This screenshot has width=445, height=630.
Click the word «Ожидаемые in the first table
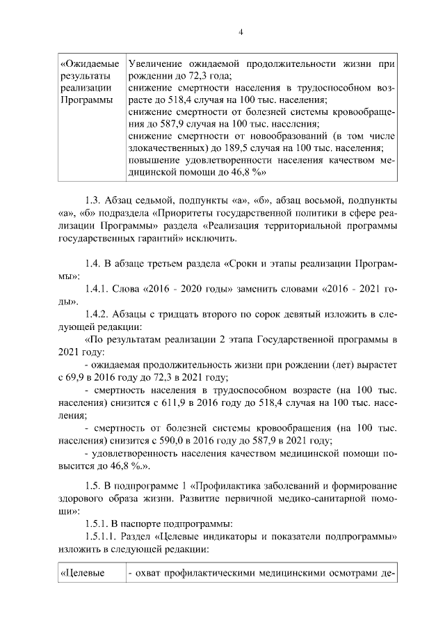(x=88, y=64)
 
